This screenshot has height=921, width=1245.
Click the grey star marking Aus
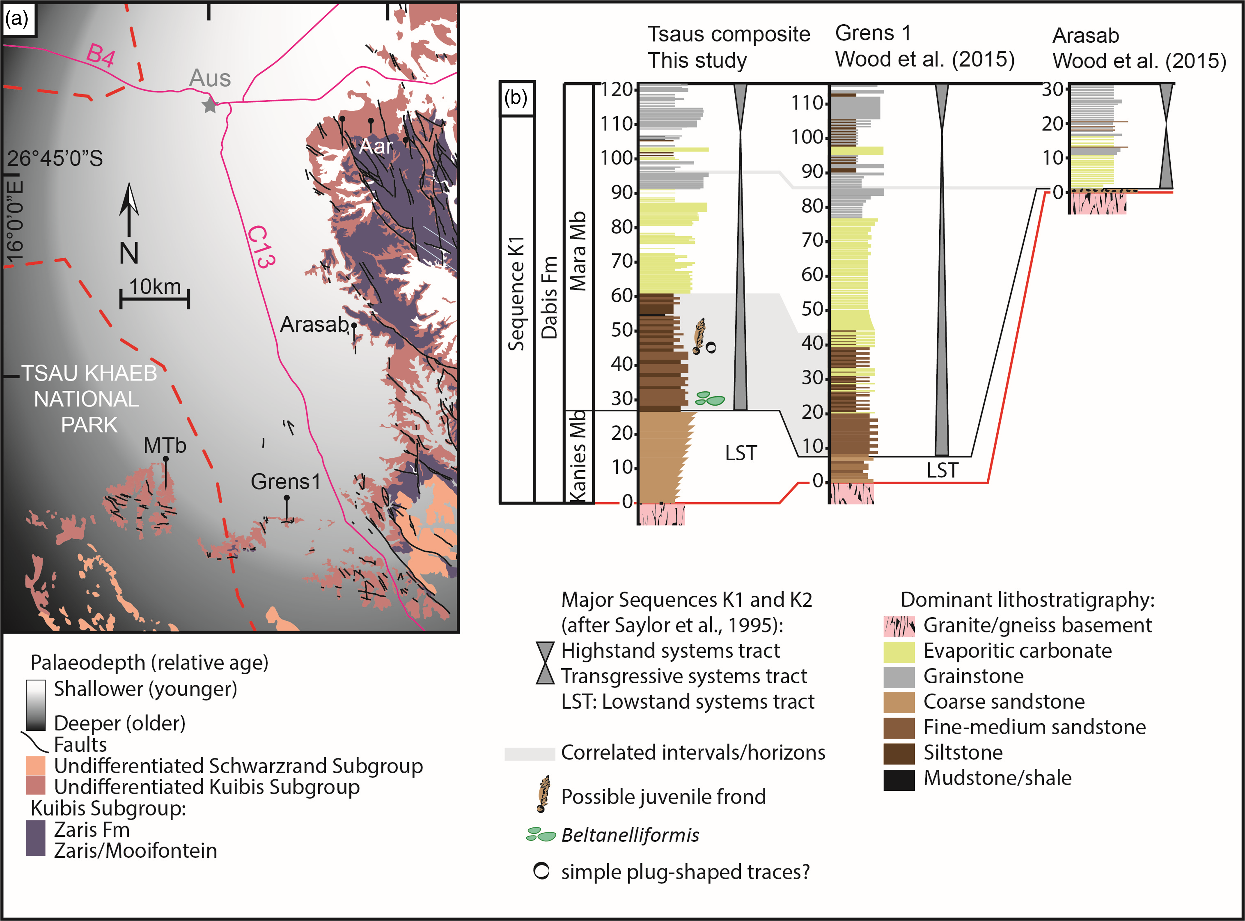click(x=209, y=104)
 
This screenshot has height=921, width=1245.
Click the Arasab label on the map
click(x=314, y=324)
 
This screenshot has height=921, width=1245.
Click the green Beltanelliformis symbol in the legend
click(x=541, y=835)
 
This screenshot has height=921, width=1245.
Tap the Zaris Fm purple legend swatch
click(x=36, y=838)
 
